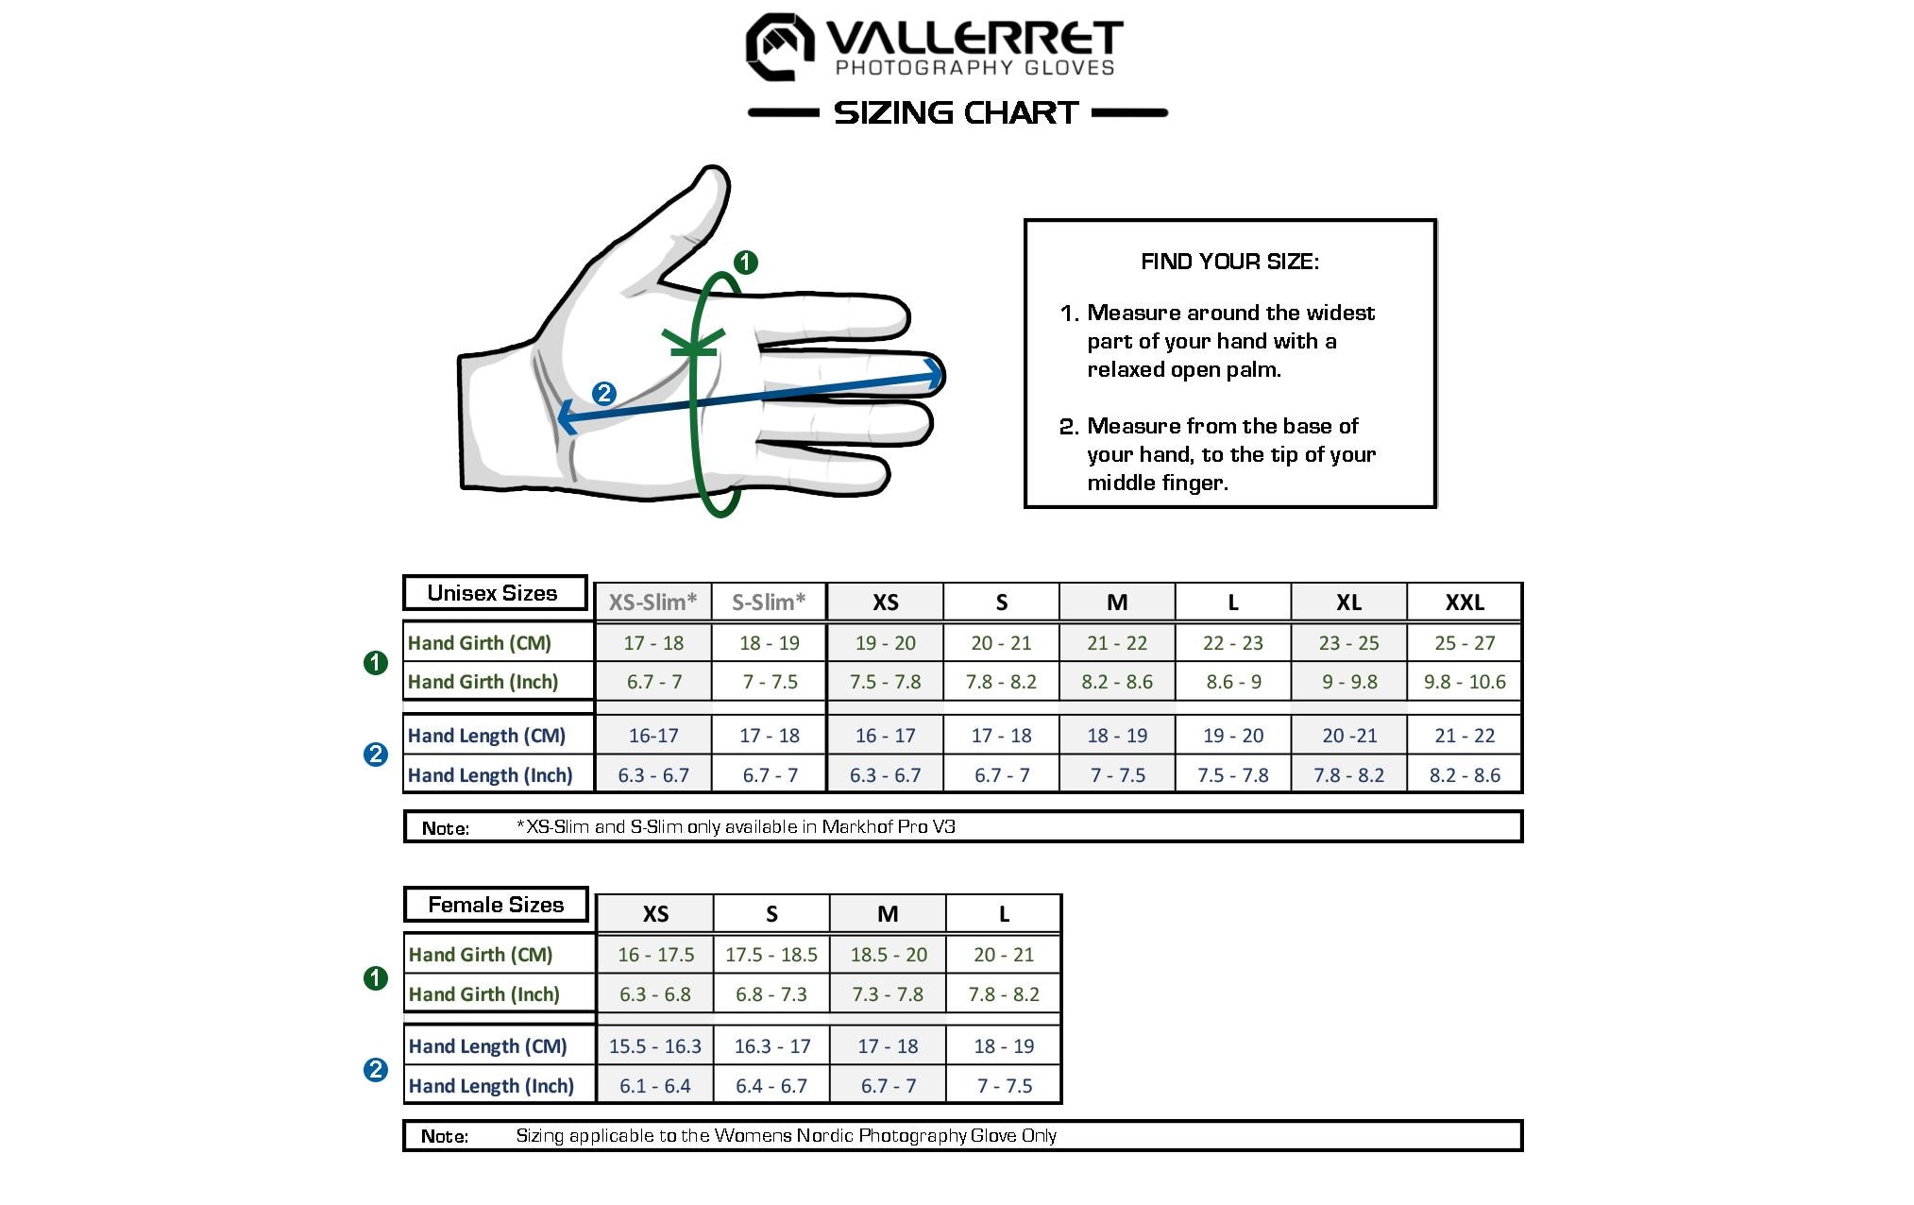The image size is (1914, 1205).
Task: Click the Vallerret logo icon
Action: coord(780,46)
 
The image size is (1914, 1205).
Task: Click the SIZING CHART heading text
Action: coord(956,112)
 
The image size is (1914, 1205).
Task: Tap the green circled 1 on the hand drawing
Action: coord(745,262)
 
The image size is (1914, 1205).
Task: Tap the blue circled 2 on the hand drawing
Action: coord(603,394)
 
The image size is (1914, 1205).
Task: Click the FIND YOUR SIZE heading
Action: coord(1229,262)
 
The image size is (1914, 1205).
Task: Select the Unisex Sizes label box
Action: coord(494,593)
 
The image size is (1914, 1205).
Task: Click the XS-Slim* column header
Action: coord(652,602)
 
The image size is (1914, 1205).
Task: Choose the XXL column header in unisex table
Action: coord(1464,602)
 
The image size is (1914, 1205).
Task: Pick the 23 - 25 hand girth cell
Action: coord(1348,643)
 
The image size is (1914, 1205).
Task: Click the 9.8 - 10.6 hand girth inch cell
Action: coord(1464,682)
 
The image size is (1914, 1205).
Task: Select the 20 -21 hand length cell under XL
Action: coord(1348,736)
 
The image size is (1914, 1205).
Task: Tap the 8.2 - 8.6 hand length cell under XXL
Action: coord(1464,775)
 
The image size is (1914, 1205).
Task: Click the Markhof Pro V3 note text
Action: coord(888,826)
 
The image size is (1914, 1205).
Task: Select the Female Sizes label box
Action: coord(496,905)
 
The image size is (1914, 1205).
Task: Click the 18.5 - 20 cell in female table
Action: coord(888,955)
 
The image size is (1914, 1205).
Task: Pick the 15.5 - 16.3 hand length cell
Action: coord(654,1046)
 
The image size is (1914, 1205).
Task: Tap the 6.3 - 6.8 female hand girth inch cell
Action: coord(654,994)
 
